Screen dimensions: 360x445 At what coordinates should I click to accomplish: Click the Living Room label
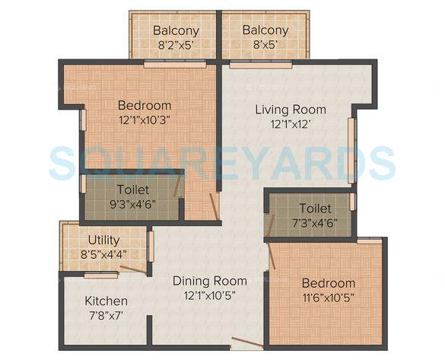pos(286,109)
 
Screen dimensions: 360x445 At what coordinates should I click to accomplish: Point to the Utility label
pos(103,241)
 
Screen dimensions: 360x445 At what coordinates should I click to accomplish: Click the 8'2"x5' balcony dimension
pos(176,44)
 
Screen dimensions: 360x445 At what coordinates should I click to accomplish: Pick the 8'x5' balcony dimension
pos(265,44)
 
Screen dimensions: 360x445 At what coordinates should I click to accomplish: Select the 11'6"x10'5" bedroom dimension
pos(327,297)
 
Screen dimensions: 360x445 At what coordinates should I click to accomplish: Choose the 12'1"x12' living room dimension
pos(286,123)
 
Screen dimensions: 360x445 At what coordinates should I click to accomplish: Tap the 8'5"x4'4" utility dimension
pos(103,254)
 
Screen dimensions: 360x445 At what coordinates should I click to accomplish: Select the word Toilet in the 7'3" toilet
pos(314,208)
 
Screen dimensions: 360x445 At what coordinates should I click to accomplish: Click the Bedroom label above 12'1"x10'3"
pos(145,105)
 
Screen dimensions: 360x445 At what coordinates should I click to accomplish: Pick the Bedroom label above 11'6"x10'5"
pos(328,283)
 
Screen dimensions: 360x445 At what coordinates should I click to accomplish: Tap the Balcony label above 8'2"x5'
pos(176,30)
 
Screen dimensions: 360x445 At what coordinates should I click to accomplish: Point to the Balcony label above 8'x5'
pos(265,30)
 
